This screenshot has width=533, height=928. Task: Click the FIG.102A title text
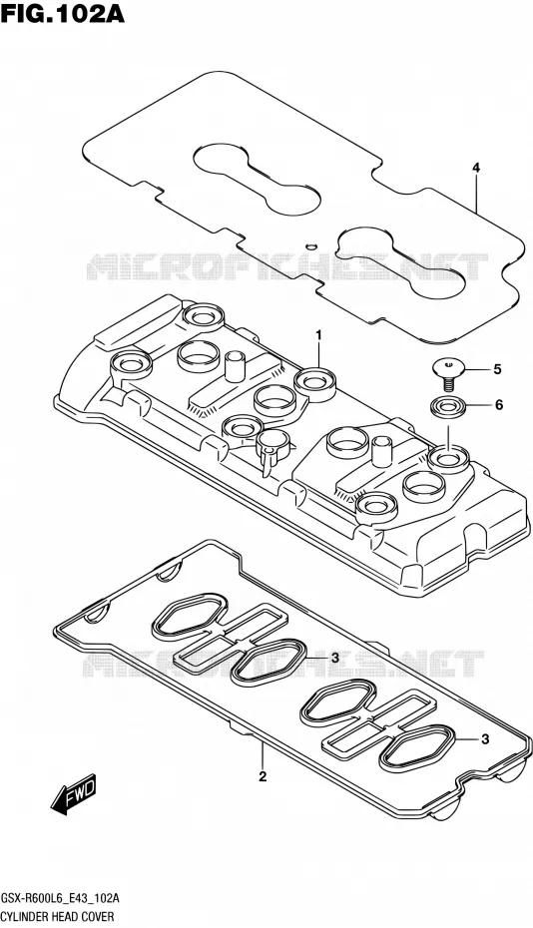pos(63,14)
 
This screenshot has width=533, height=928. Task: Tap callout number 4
pos(475,168)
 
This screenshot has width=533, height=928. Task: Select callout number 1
pos(318,335)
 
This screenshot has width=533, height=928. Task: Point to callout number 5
pos(497,370)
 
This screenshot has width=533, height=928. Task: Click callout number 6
pos(498,405)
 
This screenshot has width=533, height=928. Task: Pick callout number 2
pos(263,776)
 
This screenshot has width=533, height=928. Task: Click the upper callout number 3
pos(334,658)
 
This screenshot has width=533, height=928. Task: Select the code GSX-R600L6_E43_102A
pos(61,899)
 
